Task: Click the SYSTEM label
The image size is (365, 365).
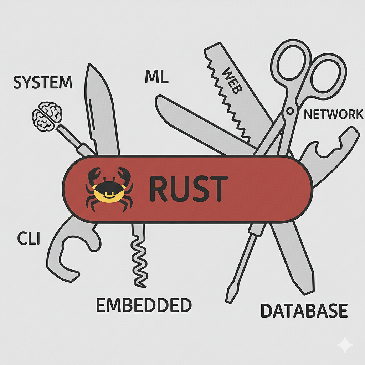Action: pyautogui.click(x=43, y=82)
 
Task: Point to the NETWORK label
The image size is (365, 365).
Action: pyautogui.click(x=333, y=114)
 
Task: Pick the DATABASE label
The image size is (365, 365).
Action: pyautogui.click(x=304, y=311)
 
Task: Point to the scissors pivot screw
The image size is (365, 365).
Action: pyautogui.click(x=289, y=112)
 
